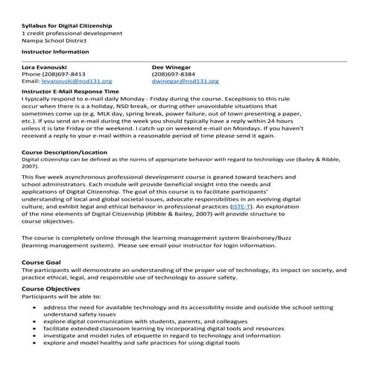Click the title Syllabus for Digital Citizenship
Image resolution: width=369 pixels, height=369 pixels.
(x=63, y=28)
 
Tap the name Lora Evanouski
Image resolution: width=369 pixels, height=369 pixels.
(x=45, y=67)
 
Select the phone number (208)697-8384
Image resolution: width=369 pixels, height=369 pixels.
(x=174, y=74)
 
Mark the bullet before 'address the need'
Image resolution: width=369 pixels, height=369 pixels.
(x=34, y=307)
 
